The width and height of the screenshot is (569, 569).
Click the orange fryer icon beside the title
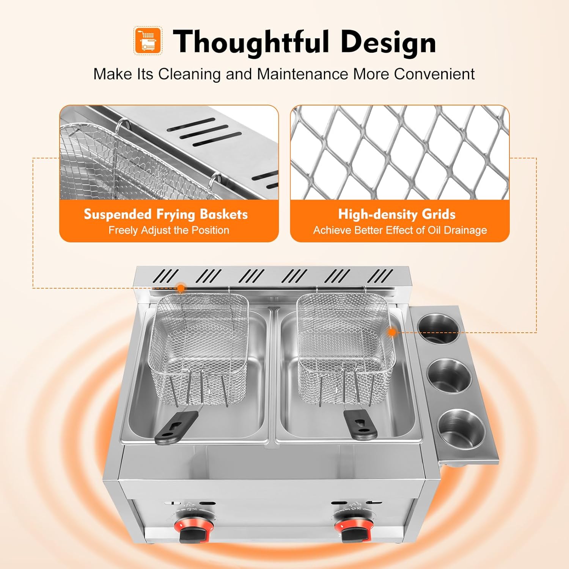(x=148, y=40)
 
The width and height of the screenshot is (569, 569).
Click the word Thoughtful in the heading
(x=251, y=42)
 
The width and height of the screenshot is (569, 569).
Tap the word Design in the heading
(x=388, y=42)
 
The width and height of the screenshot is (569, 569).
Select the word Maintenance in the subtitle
(x=302, y=74)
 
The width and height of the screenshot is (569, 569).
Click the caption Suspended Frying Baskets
(x=166, y=214)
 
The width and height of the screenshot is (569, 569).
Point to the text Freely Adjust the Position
(x=169, y=230)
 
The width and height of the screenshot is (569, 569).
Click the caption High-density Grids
(x=397, y=214)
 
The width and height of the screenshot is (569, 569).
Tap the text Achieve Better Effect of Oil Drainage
(x=400, y=230)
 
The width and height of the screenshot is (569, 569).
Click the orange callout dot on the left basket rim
(x=181, y=288)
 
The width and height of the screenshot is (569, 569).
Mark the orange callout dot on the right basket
(x=392, y=333)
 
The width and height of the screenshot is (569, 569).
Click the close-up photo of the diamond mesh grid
(x=400, y=152)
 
